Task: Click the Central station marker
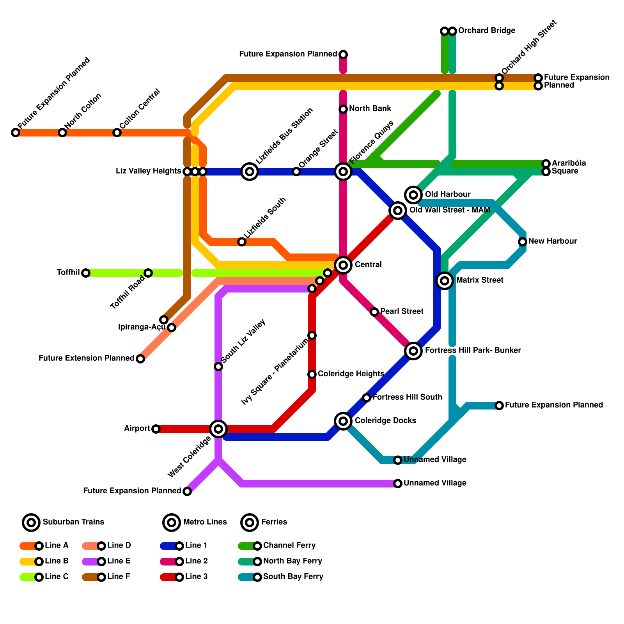click(x=343, y=265)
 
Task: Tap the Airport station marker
click(x=156, y=429)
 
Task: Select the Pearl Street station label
click(x=402, y=311)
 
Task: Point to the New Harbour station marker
click(x=523, y=242)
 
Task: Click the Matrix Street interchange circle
click(x=445, y=280)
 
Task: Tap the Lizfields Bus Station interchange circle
click(x=250, y=171)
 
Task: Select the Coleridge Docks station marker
click(x=343, y=421)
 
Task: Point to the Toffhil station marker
click(x=86, y=273)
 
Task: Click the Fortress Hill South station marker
click(x=367, y=398)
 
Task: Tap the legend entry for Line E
click(x=101, y=562)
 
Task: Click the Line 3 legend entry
click(x=179, y=577)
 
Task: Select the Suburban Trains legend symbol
click(x=31, y=522)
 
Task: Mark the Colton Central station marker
click(x=117, y=133)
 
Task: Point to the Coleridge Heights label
click(x=351, y=374)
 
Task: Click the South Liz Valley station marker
click(x=218, y=367)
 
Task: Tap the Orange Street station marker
click(x=296, y=172)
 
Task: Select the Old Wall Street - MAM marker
click(x=398, y=211)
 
